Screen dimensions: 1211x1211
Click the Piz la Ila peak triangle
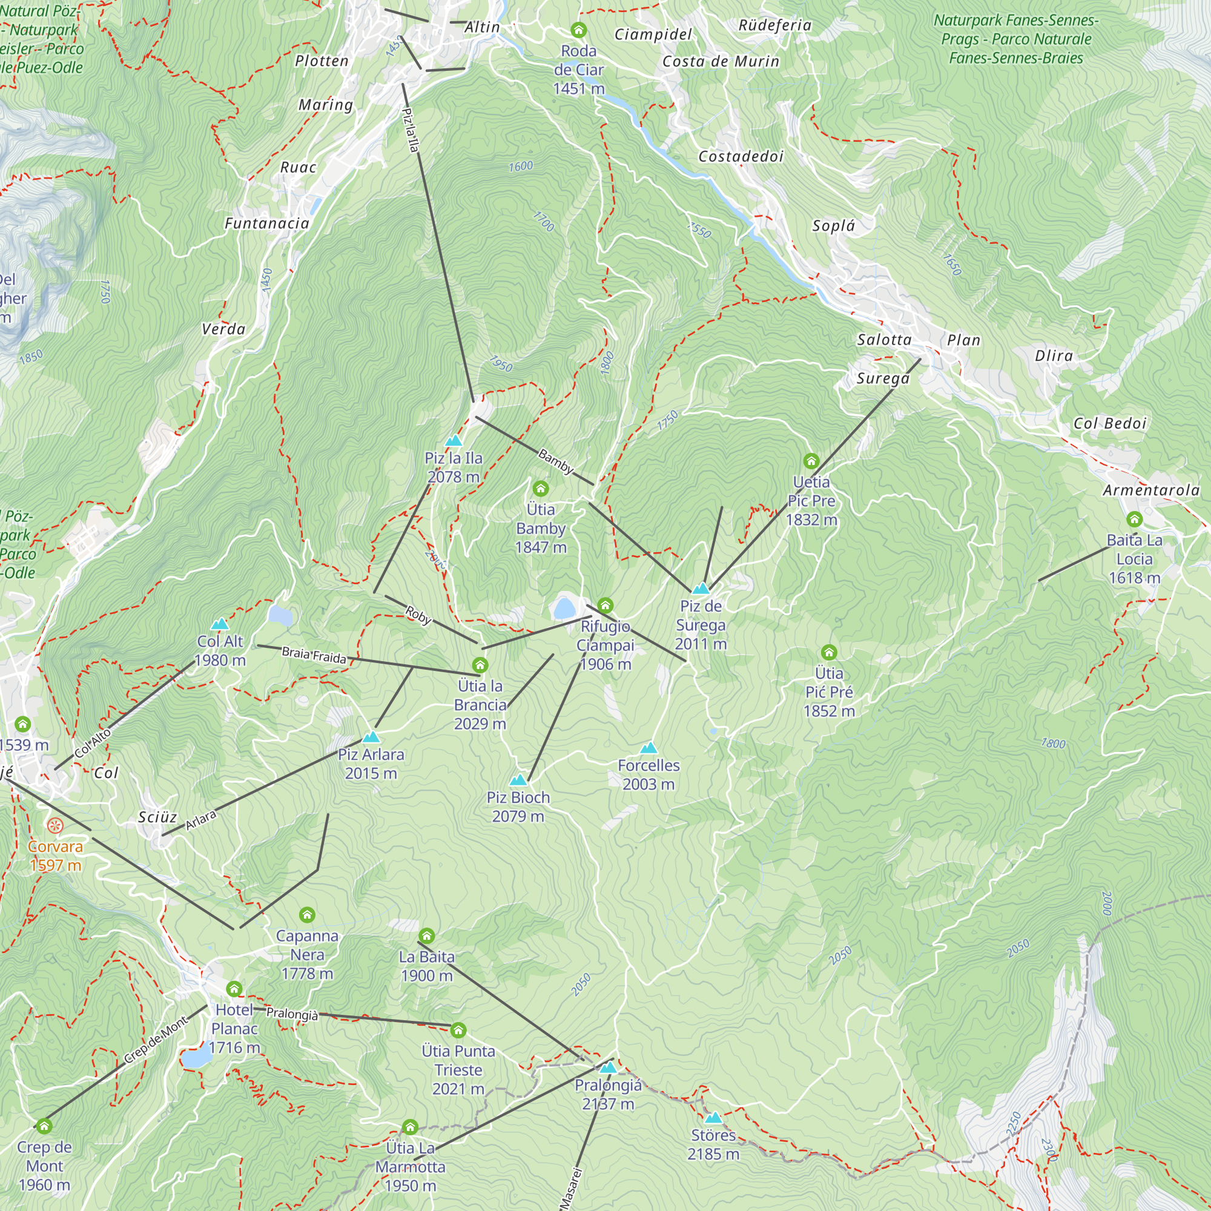pyautogui.click(x=453, y=441)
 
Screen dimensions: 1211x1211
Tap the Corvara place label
pyautogui.click(x=55, y=846)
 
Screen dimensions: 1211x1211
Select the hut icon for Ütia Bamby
pyautogui.click(x=540, y=488)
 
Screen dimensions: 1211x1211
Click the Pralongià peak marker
pyautogui.click(x=608, y=1067)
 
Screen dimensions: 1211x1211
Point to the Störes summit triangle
pyautogui.click(x=713, y=1118)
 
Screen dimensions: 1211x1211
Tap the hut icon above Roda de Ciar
pyautogui.click(x=578, y=30)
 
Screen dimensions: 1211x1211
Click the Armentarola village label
pyautogui.click(x=1151, y=490)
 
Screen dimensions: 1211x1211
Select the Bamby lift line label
pyautogui.click(x=555, y=462)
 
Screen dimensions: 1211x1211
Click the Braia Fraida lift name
pyautogui.click(x=314, y=655)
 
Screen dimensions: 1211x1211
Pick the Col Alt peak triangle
pyautogui.click(x=219, y=624)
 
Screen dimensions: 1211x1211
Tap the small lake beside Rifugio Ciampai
pyautogui.click(x=564, y=608)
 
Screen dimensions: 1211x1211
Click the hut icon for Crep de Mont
pyautogui.click(x=44, y=1126)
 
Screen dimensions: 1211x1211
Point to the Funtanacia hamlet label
pyautogui.click(x=267, y=223)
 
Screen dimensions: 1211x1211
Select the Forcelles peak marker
pyautogui.click(x=648, y=748)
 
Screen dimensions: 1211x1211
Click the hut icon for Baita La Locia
pyautogui.click(x=1134, y=519)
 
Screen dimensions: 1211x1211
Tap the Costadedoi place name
pyautogui.click(x=741, y=156)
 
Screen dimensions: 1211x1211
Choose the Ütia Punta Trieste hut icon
pyautogui.click(x=458, y=1030)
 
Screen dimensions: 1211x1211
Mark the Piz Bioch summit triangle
pyautogui.click(x=518, y=780)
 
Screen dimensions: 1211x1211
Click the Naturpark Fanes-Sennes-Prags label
pyautogui.click(x=1015, y=39)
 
